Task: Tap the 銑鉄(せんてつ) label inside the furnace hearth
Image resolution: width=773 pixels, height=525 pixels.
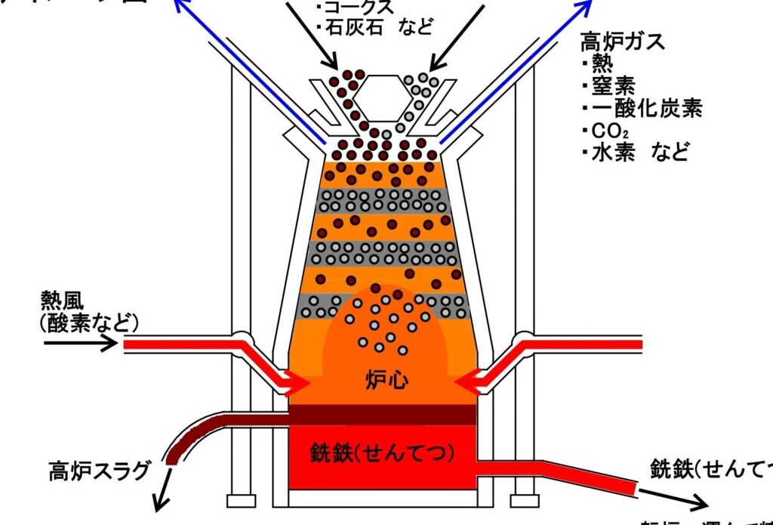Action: (382, 452)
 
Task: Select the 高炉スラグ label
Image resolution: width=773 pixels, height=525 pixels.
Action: (99, 472)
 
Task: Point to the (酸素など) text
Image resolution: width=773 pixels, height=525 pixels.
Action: (90, 324)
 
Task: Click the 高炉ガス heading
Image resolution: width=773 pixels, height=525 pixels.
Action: (623, 41)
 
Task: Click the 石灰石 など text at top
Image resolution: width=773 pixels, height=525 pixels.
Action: (378, 28)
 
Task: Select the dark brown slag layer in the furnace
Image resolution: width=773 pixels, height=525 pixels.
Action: (382, 415)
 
